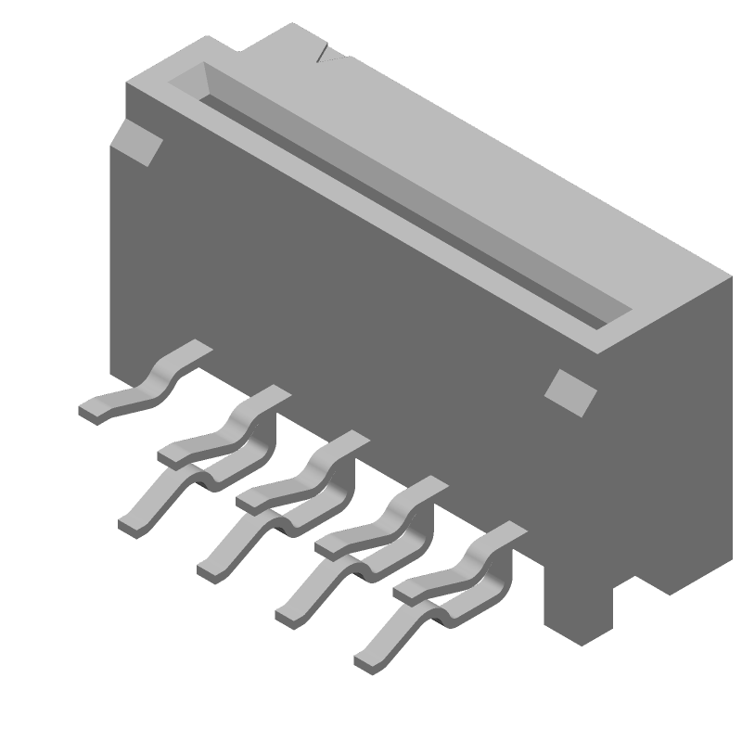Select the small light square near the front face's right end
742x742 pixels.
coord(569,390)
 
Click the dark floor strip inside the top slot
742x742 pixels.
coord(408,213)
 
